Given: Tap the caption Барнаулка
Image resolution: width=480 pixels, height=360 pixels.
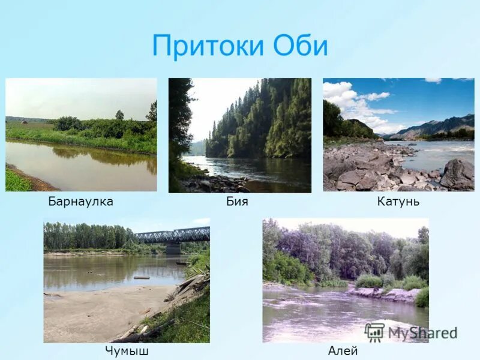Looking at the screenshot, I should point(80,202).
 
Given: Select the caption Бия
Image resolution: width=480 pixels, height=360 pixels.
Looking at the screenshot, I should point(237,202).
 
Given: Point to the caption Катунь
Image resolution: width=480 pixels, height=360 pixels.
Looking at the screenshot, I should point(398,202).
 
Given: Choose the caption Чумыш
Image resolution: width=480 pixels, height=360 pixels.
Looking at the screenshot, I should point(126,351).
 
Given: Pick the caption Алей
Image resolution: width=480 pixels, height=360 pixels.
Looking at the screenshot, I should point(343,351).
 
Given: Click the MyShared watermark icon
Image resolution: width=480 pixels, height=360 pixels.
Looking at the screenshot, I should point(374,332).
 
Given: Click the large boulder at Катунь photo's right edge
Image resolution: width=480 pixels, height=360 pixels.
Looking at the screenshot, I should point(458,174).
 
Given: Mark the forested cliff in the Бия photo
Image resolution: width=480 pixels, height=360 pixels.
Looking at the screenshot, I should point(264,120).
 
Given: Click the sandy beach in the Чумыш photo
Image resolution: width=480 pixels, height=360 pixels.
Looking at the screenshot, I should point(102,312).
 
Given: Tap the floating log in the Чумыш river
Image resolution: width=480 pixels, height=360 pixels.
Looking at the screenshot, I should point(142,277).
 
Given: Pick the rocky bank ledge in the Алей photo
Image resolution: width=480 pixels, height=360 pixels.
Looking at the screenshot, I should point(384,294).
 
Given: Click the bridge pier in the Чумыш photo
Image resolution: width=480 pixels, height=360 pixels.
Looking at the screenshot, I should point(173,247).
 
